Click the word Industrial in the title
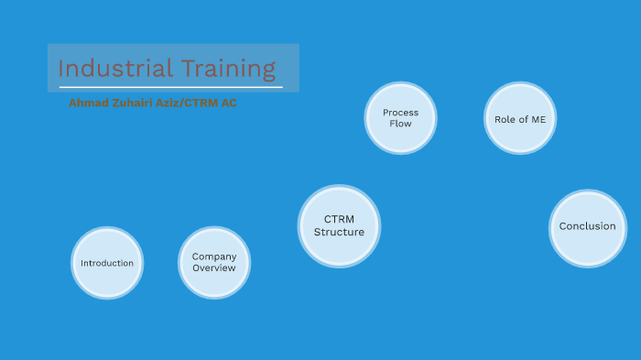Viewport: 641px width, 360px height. click(x=102, y=69)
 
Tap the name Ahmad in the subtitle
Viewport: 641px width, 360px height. click(x=87, y=103)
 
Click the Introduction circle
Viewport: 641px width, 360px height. click(x=107, y=263)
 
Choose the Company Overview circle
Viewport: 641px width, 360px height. click(x=214, y=263)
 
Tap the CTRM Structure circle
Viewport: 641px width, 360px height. click(x=339, y=226)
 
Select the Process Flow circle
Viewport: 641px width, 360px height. click(x=400, y=117)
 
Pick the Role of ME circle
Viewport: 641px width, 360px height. click(x=520, y=118)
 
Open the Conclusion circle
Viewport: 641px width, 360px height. click(x=588, y=227)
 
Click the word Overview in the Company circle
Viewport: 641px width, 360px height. click(x=214, y=268)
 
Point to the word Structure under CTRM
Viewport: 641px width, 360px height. click(x=339, y=233)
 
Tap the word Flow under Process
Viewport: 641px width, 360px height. click(x=401, y=124)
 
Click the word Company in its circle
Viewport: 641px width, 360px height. click(x=214, y=256)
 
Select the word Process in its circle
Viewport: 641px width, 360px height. click(x=401, y=113)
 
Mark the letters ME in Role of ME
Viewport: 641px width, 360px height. click(x=538, y=118)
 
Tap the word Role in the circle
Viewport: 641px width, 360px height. click(x=505, y=118)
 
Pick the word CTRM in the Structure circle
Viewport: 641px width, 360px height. click(x=339, y=220)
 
